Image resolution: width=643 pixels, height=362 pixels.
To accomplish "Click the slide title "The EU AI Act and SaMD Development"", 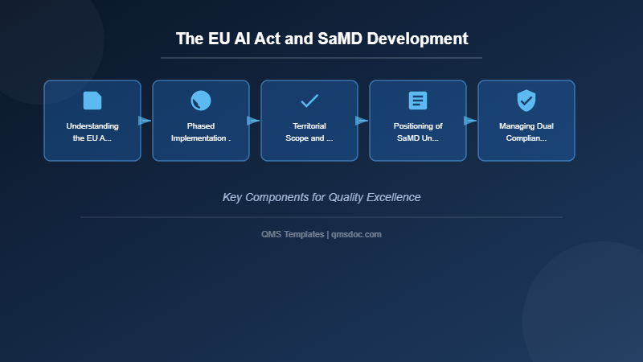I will click(x=321, y=39).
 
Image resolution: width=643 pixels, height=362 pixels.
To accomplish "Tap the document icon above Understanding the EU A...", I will click(x=92, y=101).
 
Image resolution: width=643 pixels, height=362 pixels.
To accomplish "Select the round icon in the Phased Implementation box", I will click(x=201, y=101).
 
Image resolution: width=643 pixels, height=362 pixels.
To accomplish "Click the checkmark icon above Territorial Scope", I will click(x=309, y=101).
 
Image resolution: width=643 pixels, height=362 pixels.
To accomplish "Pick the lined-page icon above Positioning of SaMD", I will click(x=418, y=101).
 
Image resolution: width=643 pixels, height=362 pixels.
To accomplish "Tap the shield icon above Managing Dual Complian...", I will click(x=526, y=101).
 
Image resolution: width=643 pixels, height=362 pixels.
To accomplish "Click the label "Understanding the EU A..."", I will click(x=92, y=132).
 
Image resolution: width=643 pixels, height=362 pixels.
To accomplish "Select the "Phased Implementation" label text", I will click(x=201, y=132).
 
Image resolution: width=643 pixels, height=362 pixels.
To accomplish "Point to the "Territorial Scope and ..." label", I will click(x=309, y=132).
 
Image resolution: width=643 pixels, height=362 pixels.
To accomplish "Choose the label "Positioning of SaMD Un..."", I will click(x=418, y=132).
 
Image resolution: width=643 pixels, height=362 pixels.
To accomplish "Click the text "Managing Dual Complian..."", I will click(x=526, y=132).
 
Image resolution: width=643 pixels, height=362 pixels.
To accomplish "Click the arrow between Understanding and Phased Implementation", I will click(x=145, y=121).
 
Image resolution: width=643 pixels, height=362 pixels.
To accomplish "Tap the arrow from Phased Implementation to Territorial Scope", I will click(x=253, y=121).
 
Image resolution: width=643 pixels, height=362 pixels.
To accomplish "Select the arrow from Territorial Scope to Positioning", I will click(x=362, y=121).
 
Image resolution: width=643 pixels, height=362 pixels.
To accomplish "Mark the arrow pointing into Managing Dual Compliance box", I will click(x=470, y=121).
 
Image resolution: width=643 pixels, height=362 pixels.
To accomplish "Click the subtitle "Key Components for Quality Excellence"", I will click(x=321, y=197).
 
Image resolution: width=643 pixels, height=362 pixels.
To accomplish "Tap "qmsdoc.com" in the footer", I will click(x=357, y=234).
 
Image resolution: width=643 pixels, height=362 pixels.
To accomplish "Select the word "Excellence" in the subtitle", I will click(x=392, y=197).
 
